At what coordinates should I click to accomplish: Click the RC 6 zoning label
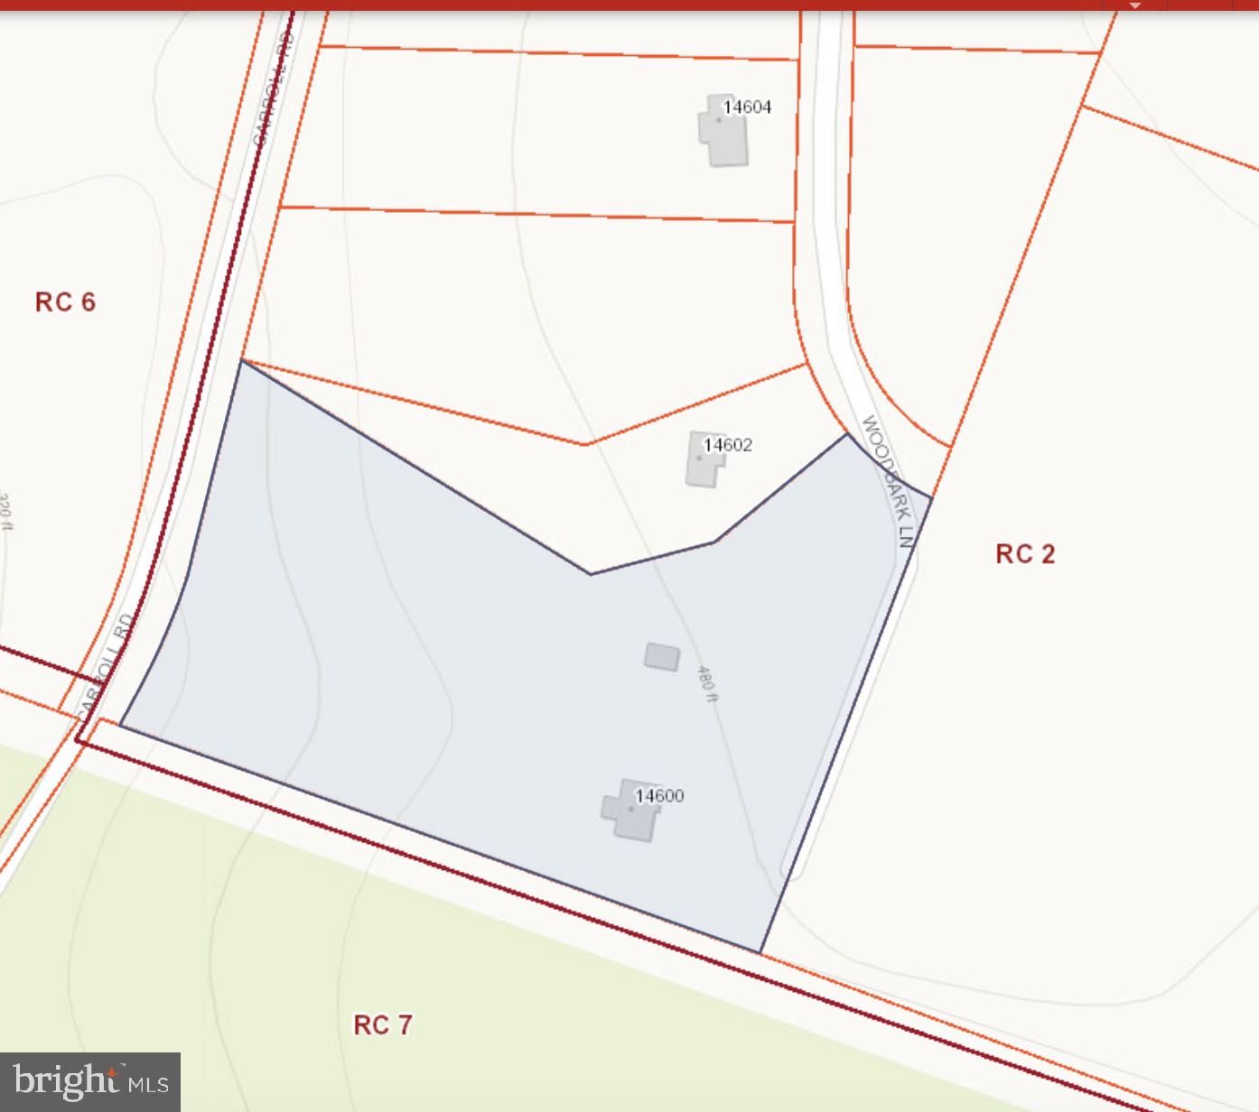pyautogui.click(x=65, y=302)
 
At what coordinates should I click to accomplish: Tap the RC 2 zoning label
pyautogui.click(x=1025, y=554)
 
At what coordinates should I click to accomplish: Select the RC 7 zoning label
pyautogui.click(x=382, y=1025)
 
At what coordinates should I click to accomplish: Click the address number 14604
pyautogui.click(x=747, y=107)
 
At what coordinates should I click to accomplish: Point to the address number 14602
pyautogui.click(x=727, y=445)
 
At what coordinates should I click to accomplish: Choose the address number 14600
pyautogui.click(x=659, y=796)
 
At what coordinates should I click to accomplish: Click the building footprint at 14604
pyautogui.click(x=724, y=132)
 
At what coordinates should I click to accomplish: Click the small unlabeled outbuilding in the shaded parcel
pyautogui.click(x=662, y=656)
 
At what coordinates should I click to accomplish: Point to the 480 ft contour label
pyautogui.click(x=707, y=683)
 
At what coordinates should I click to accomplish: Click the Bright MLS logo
pyautogui.click(x=90, y=1081)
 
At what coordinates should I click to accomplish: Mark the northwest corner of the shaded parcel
pyautogui.click(x=241, y=360)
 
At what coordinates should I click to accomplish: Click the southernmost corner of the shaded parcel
pyautogui.click(x=760, y=952)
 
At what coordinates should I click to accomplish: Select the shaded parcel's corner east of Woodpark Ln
pyautogui.click(x=931, y=496)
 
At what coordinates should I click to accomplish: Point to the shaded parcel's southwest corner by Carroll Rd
pyautogui.click(x=120, y=724)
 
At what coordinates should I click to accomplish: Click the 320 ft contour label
pyautogui.click(x=5, y=511)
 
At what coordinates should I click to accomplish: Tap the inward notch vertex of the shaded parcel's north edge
pyautogui.click(x=591, y=574)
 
